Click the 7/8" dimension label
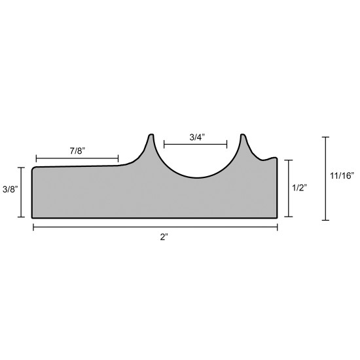(x=77, y=151)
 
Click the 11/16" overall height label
(x=342, y=175)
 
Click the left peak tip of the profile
(x=151, y=135)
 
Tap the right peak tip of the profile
(x=242, y=135)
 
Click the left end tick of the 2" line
(x=33, y=227)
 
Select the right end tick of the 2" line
(x=278, y=227)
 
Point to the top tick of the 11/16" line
(x=325, y=137)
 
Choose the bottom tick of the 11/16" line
(x=325, y=220)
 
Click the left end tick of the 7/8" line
(x=37, y=158)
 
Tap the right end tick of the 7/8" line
(x=118, y=158)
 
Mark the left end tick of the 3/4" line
(x=164, y=144)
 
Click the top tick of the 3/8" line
(x=23, y=168)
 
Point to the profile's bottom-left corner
(x=33, y=217)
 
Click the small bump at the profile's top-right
(x=274, y=158)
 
